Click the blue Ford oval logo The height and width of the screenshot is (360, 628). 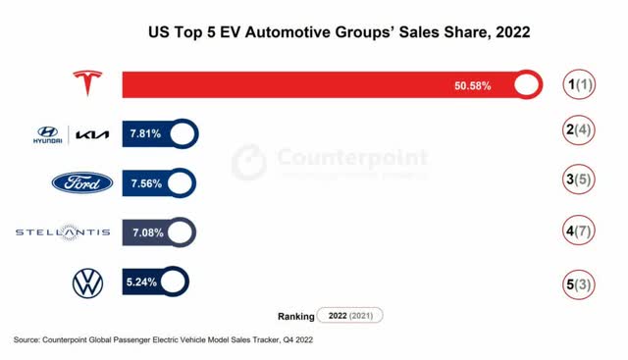(76, 183)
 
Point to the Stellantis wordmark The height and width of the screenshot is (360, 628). (63, 232)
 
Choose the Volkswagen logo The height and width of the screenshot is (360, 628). (87, 283)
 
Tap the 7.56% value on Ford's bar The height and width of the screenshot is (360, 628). (144, 183)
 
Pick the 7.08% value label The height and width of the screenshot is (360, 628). (144, 232)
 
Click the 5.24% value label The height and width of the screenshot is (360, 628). (141, 283)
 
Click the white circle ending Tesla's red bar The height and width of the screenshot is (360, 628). (527, 85)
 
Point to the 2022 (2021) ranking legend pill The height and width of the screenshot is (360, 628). (349, 316)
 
